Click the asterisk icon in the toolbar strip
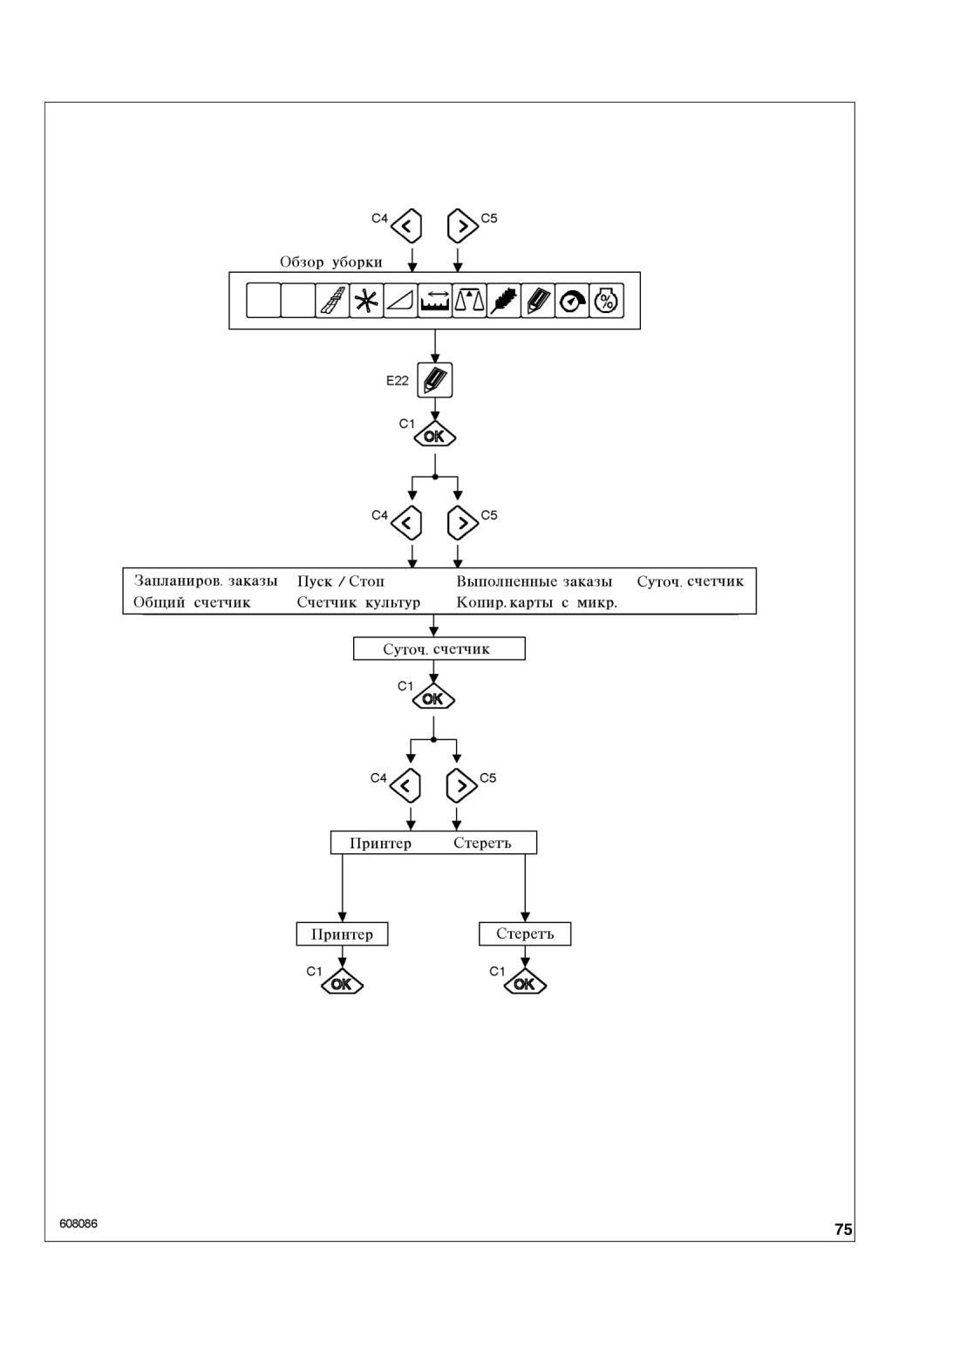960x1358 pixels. (x=366, y=300)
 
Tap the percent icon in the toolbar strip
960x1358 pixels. (x=606, y=300)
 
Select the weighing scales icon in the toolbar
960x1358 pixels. (x=469, y=300)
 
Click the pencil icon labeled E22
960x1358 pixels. (x=435, y=380)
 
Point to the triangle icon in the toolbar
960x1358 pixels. (x=400, y=300)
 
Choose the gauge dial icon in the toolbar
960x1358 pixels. (x=572, y=300)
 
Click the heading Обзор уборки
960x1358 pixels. (x=331, y=261)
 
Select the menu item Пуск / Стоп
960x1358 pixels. (x=341, y=581)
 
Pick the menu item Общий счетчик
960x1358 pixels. (x=192, y=602)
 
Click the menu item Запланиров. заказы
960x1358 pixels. (x=206, y=581)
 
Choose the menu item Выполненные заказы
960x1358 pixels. (x=534, y=581)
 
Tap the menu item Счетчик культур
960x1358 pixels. (x=358, y=602)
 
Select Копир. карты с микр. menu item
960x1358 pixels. (x=537, y=602)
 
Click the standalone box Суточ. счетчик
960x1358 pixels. (x=439, y=648)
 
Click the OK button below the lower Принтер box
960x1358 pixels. (x=342, y=983)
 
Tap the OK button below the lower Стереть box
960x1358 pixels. (x=525, y=983)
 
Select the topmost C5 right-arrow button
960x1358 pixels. (x=462, y=226)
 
